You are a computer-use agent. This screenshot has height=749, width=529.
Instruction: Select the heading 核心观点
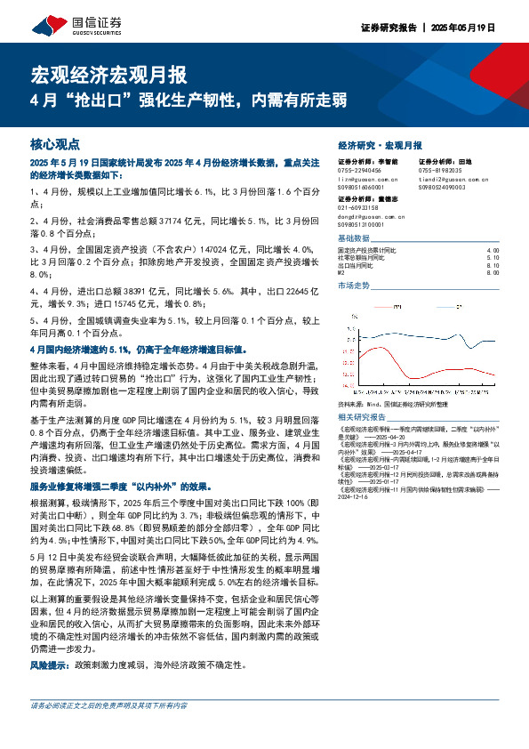pos(55,142)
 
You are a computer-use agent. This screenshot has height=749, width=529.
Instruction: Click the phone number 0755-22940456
pos(360,170)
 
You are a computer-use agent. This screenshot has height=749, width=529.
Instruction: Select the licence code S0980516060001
pos(364,186)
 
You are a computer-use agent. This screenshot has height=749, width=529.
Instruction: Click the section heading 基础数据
pos(353,239)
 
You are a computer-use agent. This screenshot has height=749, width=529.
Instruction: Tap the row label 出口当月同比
pos(357,264)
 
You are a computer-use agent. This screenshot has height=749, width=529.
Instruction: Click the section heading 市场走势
pos(353,286)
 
